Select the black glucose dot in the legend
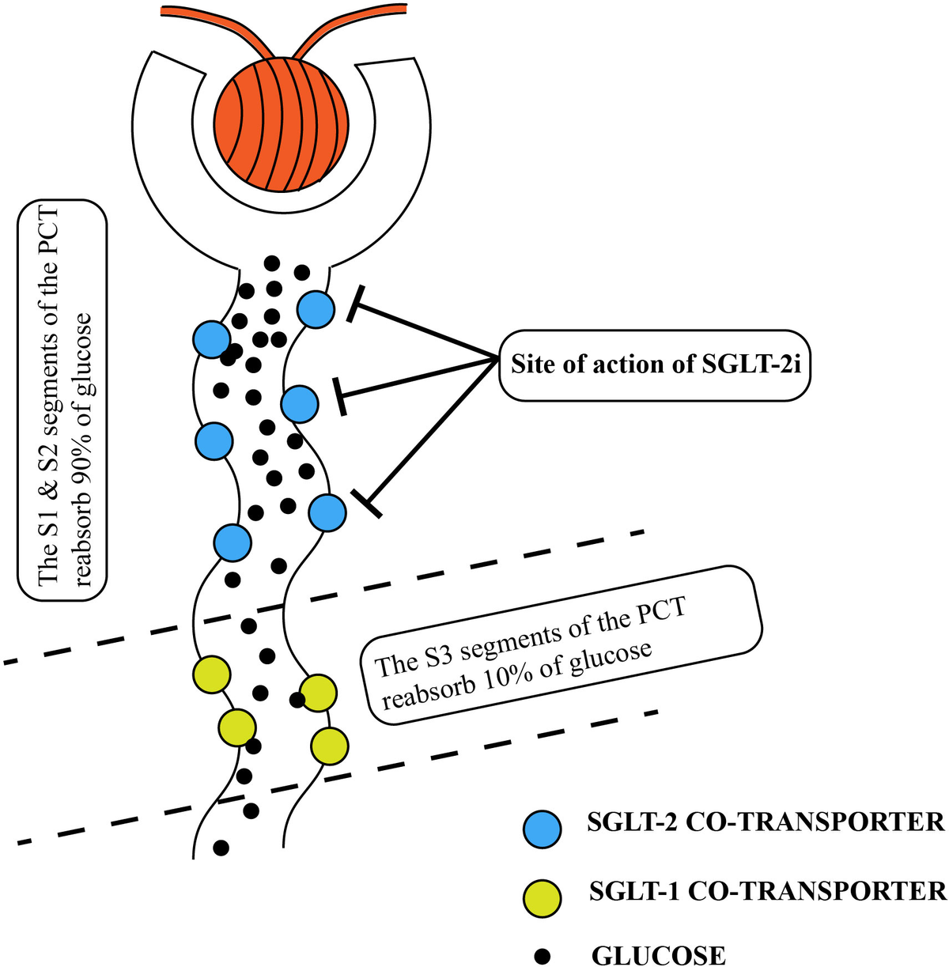543,956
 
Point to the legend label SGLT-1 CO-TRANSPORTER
767,891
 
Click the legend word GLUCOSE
658,955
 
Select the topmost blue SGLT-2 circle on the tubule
315,308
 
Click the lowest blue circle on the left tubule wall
233,542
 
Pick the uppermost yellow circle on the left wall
212,675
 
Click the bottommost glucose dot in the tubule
221,848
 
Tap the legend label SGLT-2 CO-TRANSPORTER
766,822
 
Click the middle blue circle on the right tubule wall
299,404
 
